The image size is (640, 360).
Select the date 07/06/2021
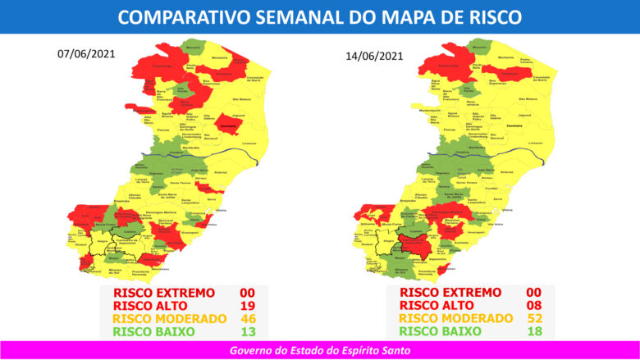[85, 54]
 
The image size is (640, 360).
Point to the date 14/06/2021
[374, 57]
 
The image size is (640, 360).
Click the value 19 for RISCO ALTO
[245, 305]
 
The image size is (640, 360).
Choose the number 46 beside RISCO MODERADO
[245, 318]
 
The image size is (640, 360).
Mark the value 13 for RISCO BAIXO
[245, 331]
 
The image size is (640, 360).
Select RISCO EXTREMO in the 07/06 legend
[164, 292]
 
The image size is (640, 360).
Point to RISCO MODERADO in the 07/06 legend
[170, 318]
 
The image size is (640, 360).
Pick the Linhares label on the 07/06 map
[249, 143]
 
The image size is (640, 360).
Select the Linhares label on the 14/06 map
[535, 144]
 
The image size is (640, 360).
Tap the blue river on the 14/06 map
[492, 153]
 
